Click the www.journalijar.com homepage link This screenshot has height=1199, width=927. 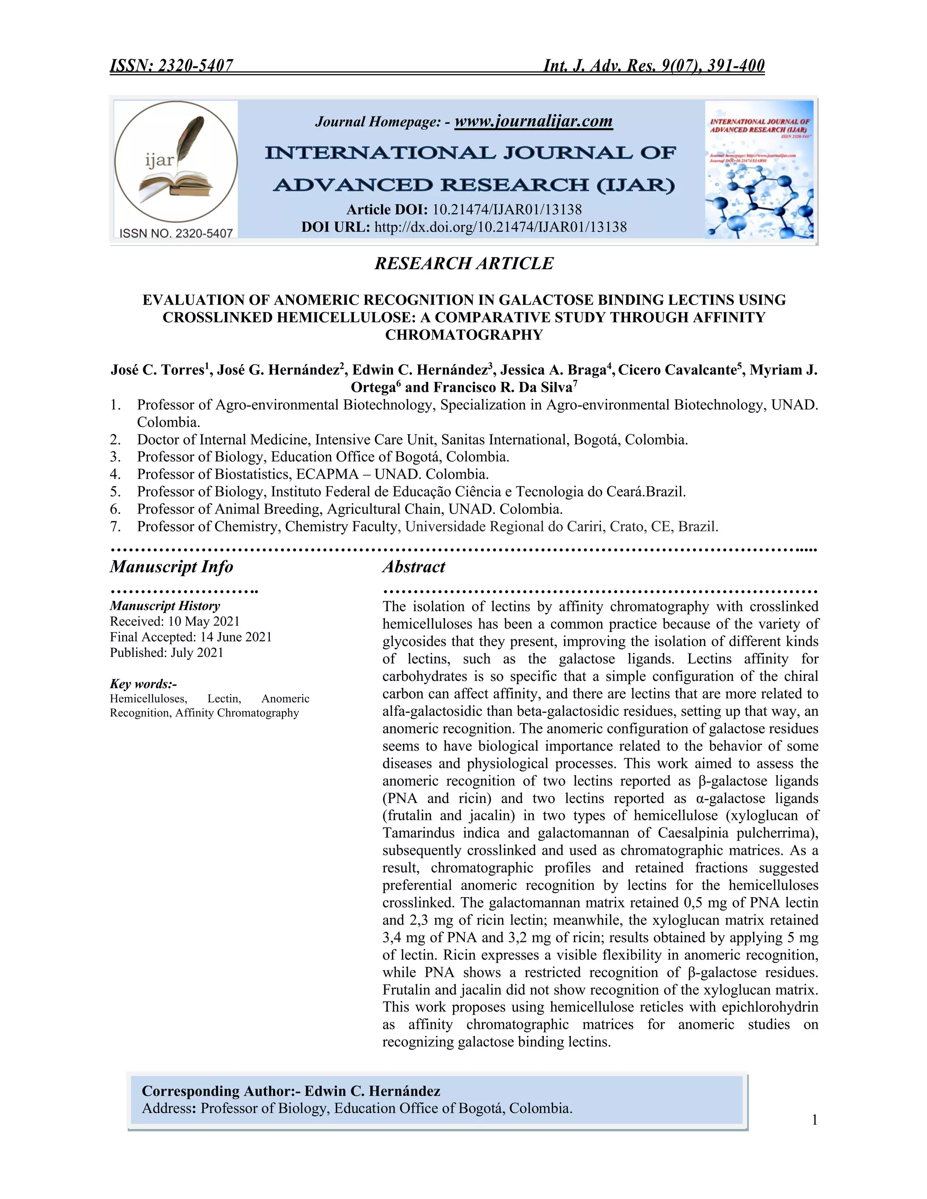click(x=533, y=121)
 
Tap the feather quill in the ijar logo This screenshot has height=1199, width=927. click(x=190, y=137)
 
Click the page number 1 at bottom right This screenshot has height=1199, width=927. click(x=814, y=1120)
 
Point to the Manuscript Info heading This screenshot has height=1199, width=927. click(x=172, y=566)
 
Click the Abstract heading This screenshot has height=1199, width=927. click(x=414, y=566)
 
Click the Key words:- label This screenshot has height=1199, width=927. click(x=143, y=684)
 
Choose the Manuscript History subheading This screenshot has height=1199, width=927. click(x=165, y=606)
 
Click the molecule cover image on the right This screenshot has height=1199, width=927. click(x=759, y=170)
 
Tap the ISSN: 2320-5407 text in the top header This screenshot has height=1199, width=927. click(x=172, y=66)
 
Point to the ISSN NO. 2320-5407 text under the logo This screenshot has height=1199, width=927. click(x=176, y=233)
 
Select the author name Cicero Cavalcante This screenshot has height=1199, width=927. click(x=676, y=370)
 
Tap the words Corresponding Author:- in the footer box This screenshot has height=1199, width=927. click(x=221, y=1091)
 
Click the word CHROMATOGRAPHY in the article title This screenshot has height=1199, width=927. click(x=463, y=335)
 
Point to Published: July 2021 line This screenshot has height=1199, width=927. click(x=167, y=653)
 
